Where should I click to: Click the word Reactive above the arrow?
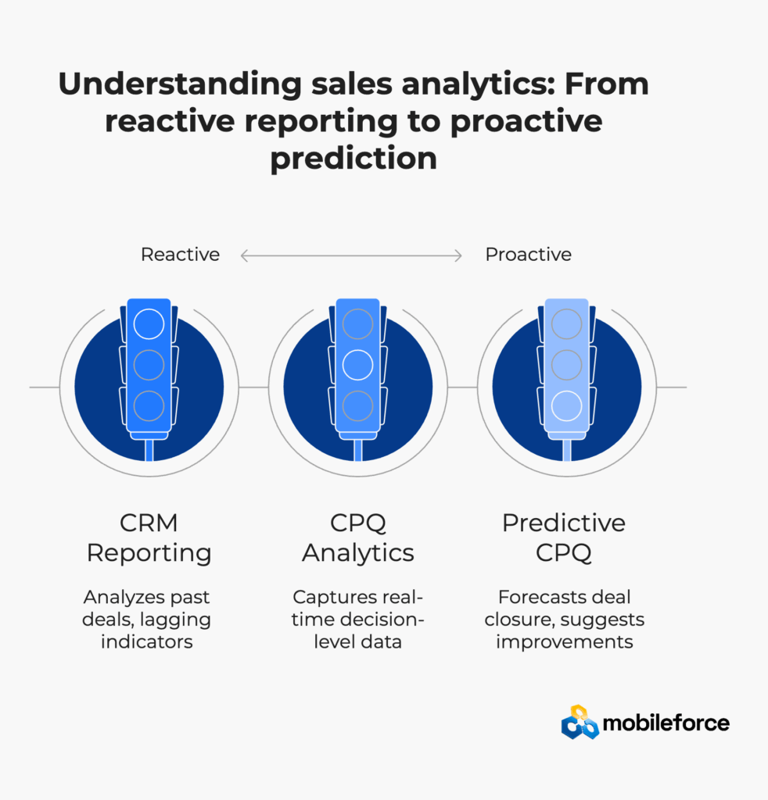click(180, 254)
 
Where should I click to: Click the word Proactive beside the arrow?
click(529, 254)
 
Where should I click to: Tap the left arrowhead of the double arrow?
click(244, 255)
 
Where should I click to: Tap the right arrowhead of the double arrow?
click(458, 255)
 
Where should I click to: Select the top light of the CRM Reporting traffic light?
click(149, 324)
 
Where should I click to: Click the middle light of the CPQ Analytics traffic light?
click(358, 366)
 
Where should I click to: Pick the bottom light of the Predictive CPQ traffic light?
click(567, 406)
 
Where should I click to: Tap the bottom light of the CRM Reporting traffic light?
click(149, 406)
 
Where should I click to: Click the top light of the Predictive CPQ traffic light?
click(567, 324)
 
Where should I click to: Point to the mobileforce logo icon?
click(580, 723)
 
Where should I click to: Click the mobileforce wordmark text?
click(666, 723)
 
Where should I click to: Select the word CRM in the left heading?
click(149, 523)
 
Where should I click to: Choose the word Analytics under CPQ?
click(358, 553)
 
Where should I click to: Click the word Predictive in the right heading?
click(564, 523)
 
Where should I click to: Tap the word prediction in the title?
click(353, 158)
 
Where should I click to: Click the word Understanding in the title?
click(180, 84)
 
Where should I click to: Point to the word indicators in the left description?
click(146, 641)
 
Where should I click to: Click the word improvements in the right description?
click(564, 642)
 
